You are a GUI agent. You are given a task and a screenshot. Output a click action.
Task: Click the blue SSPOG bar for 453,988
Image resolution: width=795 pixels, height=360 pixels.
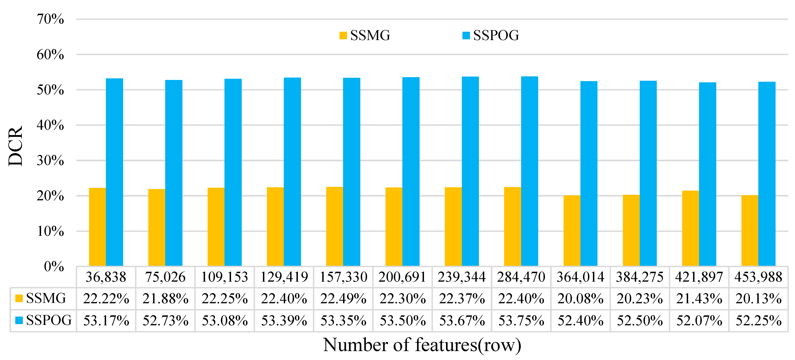[x=767, y=174]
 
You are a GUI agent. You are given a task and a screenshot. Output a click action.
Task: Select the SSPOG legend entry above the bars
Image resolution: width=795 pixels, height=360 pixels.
[x=491, y=36]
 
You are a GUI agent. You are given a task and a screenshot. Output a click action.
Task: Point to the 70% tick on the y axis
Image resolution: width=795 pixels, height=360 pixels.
[x=50, y=19]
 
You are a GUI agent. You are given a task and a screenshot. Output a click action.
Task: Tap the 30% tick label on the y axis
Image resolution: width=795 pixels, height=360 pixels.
[x=50, y=160]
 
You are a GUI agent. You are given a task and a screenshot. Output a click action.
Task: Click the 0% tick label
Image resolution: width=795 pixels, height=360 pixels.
[x=54, y=266]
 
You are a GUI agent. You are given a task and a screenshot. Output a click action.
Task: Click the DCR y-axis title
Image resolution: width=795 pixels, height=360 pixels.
[x=15, y=146]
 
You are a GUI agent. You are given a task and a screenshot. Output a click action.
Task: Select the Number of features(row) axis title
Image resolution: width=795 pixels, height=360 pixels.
[x=422, y=345]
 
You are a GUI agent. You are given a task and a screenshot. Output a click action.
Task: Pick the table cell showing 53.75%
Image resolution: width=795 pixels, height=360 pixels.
[x=521, y=321]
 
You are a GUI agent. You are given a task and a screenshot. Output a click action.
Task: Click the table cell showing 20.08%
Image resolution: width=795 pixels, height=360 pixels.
[x=580, y=299]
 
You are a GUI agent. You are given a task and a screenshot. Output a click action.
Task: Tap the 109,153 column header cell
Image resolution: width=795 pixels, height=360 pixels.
[x=225, y=277]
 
